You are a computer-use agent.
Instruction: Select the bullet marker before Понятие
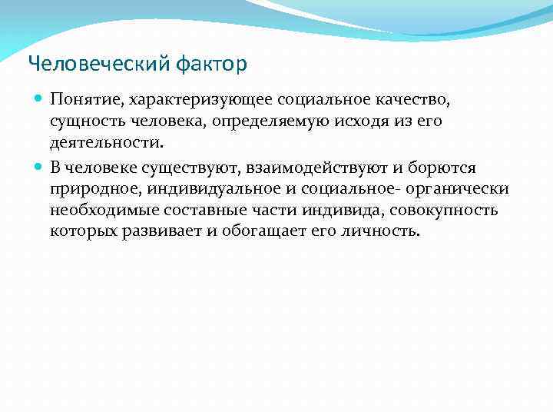39,100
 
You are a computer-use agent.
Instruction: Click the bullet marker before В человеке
39,168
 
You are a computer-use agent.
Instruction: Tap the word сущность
85,121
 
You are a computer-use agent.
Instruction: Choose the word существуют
196,168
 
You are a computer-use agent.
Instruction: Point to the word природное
86,189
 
